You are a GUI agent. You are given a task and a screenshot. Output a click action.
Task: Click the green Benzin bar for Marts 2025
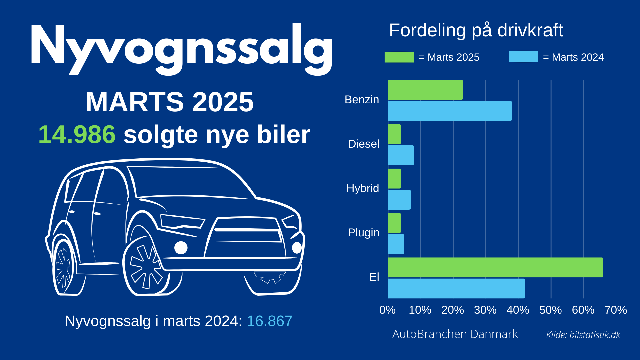point(425,90)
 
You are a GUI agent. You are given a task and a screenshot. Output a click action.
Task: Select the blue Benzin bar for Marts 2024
point(450,111)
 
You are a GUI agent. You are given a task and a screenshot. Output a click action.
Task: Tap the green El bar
point(495,267)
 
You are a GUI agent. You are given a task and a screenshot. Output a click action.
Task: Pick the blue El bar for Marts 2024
point(456,288)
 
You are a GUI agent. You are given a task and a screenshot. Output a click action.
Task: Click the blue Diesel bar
point(401,155)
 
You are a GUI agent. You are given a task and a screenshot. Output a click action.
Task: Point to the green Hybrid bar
point(394,178)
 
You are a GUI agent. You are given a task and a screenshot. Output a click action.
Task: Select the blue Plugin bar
point(396,244)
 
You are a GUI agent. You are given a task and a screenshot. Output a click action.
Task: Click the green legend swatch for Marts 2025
point(399,57)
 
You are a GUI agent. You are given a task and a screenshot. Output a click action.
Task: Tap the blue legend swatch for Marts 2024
point(523,57)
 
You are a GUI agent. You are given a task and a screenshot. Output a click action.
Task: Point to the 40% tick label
point(518,310)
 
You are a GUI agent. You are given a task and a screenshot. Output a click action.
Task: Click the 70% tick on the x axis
point(616,310)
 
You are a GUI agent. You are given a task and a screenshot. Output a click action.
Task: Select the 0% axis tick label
point(387,310)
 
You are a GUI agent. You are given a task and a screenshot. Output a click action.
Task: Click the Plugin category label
point(364,232)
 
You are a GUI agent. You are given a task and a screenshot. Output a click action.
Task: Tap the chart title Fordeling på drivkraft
point(476,30)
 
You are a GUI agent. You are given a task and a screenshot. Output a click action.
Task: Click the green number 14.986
point(77,134)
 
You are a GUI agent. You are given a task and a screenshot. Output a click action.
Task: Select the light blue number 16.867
point(270,321)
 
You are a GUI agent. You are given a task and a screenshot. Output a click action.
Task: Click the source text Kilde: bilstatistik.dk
point(583,335)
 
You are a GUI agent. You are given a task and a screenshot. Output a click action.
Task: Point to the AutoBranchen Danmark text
point(455,334)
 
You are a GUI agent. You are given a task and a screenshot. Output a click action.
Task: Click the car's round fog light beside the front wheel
point(181,248)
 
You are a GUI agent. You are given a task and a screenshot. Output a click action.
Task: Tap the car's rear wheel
point(64,267)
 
